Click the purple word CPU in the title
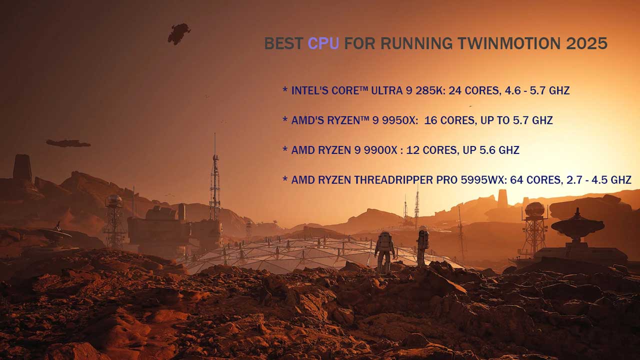pyautogui.click(x=323, y=43)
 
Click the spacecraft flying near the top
pyautogui.click(x=178, y=33)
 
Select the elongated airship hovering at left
pyautogui.click(x=68, y=143)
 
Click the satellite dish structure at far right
pyautogui.click(x=577, y=227)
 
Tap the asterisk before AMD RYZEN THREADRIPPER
pyautogui.click(x=285, y=179)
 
